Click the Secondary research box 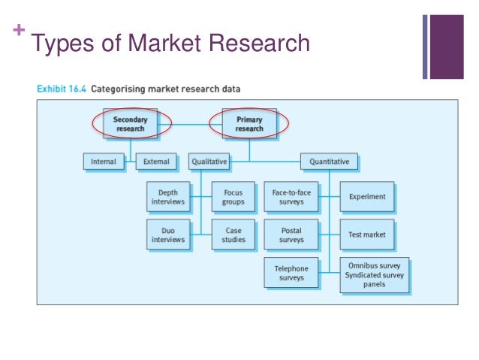130,123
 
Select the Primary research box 249,123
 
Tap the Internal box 104,162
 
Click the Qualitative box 209,162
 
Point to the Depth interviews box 167,197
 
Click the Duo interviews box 167,234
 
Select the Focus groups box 233,197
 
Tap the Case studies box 233,234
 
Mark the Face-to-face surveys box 291,197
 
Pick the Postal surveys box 291,234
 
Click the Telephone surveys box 291,272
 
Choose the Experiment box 367,197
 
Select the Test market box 367,234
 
